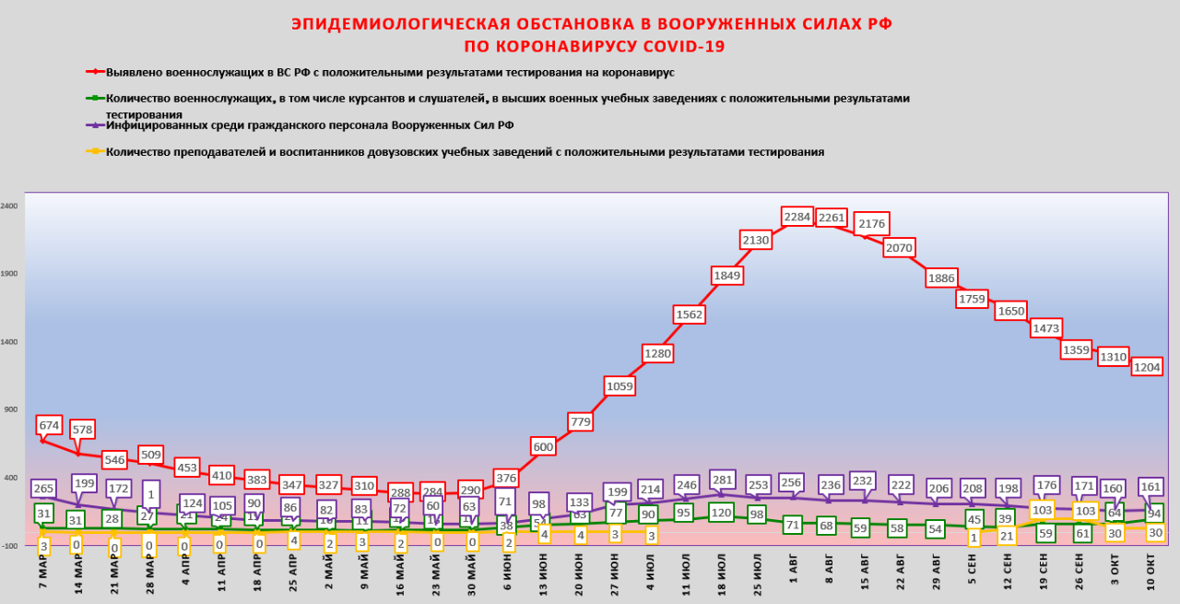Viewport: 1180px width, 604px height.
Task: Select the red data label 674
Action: coord(49,425)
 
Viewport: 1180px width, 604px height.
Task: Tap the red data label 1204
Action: coord(1147,367)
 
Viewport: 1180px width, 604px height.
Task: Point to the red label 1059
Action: coord(619,385)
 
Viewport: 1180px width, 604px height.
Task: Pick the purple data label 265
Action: coord(42,488)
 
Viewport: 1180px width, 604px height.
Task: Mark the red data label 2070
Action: coord(898,247)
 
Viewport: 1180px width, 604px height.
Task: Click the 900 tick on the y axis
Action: coord(11,410)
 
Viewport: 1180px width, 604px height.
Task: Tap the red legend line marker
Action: coord(94,71)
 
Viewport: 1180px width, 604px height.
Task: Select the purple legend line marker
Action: coord(94,124)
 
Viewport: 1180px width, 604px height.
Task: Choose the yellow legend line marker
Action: coord(94,151)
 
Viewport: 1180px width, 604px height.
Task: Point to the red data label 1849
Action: coord(726,275)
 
